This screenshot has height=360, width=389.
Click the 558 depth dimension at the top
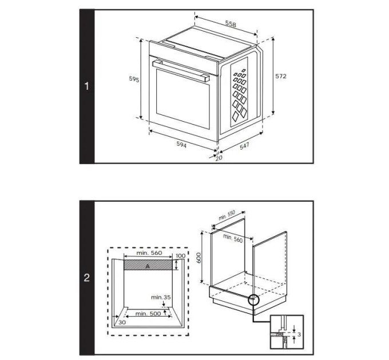[230, 24]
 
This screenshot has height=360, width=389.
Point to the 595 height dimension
[133, 80]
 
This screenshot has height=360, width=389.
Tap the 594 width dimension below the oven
[181, 145]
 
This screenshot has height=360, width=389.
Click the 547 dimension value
[244, 146]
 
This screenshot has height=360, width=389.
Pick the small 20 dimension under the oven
[219, 158]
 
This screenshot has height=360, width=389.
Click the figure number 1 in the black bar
[87, 87]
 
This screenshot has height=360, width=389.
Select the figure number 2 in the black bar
[87, 278]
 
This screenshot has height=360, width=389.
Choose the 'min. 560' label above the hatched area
[149, 253]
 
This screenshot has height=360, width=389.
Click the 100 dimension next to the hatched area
[181, 256]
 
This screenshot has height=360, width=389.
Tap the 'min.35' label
[161, 297]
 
